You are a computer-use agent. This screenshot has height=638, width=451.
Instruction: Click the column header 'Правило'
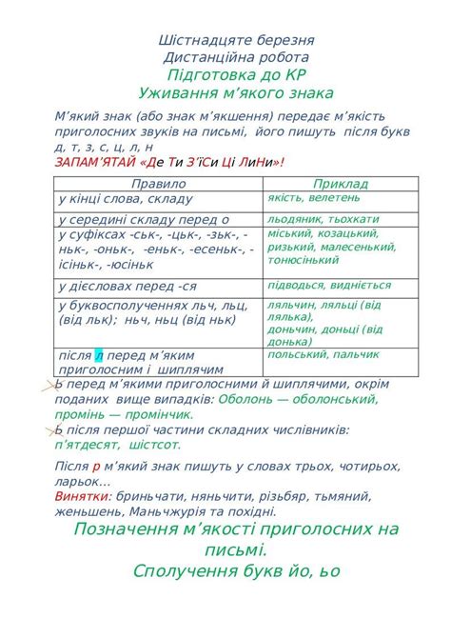click(159, 183)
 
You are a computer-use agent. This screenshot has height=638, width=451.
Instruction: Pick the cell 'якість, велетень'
click(315, 198)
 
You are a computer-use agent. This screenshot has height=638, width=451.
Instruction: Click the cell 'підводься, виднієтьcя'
click(329, 285)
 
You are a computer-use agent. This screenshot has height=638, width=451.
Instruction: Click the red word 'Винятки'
click(83, 496)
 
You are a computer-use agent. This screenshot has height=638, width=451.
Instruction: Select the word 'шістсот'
click(152, 444)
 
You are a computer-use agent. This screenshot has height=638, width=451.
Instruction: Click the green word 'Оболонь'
click(246, 399)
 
